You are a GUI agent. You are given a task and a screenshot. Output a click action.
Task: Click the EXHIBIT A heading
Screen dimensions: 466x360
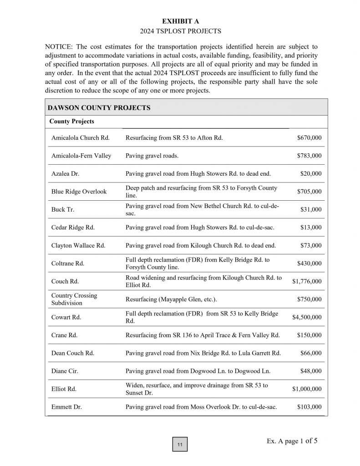coord(181,21)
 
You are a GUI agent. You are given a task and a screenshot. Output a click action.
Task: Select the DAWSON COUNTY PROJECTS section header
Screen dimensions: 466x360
coord(99,108)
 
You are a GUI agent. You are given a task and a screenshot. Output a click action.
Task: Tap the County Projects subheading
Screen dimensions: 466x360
coord(71,122)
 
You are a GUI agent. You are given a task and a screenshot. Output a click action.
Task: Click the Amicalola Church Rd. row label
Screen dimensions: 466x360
coord(80,137)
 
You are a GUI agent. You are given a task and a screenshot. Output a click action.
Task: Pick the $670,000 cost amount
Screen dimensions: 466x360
coord(309,137)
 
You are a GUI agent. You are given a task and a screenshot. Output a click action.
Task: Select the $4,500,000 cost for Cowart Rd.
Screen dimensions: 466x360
coord(306,317)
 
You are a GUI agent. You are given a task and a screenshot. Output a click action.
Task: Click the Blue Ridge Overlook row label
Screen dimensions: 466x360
coord(79,192)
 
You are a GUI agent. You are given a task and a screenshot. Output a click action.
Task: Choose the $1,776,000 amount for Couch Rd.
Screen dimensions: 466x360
coord(306,281)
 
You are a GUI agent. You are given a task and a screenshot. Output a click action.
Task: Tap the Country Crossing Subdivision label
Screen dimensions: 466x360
coord(74,299)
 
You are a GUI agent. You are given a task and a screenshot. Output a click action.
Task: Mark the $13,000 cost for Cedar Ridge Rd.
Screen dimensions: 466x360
coord(310,228)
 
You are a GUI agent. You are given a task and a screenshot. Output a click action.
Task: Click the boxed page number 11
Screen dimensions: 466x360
coord(180,445)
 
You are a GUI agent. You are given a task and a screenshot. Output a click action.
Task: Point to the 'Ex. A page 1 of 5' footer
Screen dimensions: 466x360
coord(292,441)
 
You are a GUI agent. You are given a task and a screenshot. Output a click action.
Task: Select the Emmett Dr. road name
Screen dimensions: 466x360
coord(66,407)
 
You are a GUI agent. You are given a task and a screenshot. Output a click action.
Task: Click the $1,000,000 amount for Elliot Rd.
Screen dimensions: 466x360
coord(306,389)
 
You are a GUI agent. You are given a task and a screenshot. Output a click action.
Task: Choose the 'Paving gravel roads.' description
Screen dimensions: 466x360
coord(152,156)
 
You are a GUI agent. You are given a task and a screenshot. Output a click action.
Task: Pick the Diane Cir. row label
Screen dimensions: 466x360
coord(65,371)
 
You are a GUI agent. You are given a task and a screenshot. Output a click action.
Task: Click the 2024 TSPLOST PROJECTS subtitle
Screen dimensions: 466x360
coord(181,31)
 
